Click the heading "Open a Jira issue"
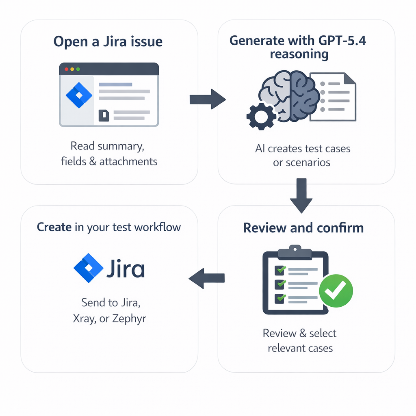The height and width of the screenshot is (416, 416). point(108,42)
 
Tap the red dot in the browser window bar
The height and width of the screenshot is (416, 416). point(67,69)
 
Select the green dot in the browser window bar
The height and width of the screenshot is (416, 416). point(78,69)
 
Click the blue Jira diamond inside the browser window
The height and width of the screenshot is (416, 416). point(79,95)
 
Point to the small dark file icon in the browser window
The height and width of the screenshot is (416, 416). point(104,116)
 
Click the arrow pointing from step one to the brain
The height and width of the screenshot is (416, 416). point(207,99)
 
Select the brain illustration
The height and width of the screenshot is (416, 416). point(290,96)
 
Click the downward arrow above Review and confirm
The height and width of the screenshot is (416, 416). point(301,195)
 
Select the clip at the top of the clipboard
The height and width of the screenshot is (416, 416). point(295,249)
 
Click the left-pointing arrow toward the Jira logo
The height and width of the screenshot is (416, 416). point(207,278)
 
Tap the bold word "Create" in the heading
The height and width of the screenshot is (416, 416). point(54,227)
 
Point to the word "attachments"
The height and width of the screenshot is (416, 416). point(128,161)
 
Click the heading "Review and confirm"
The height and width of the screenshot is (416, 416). point(303,227)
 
